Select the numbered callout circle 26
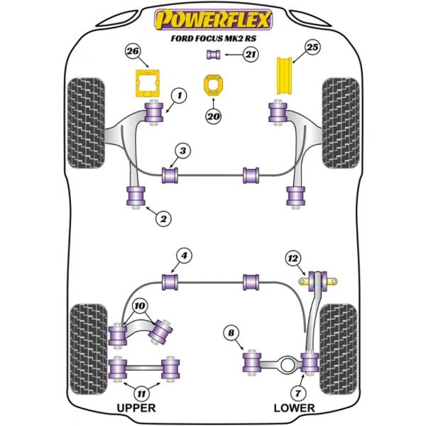tap(132, 50)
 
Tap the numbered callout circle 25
tap(313, 48)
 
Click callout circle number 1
tap(178, 94)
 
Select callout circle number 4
tap(183, 256)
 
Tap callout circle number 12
tap(293, 257)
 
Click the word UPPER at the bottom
tap(135, 408)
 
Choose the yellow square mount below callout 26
tap(147, 84)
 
